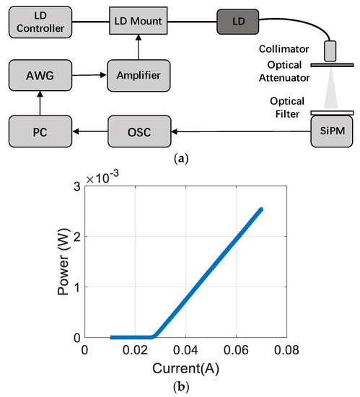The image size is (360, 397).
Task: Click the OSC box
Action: [x=141, y=131]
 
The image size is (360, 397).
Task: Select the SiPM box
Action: [x=329, y=131]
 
